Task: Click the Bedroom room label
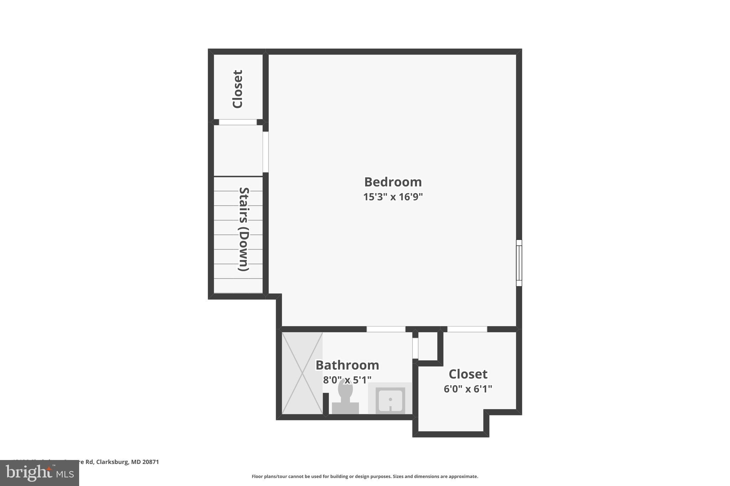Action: point(393,182)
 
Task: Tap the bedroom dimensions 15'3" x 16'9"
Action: point(393,197)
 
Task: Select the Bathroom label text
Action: point(347,365)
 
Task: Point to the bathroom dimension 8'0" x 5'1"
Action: point(347,380)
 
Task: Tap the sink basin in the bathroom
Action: point(390,400)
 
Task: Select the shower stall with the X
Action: point(302,373)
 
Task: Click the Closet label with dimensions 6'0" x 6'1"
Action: point(468,374)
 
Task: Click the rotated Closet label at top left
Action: point(237,89)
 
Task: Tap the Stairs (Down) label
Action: point(243,229)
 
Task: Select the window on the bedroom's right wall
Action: point(519,263)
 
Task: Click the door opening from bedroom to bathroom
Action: point(386,329)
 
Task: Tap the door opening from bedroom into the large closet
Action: point(467,329)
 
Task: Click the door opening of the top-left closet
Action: point(237,122)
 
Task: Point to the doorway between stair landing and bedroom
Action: point(266,152)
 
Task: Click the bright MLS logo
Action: point(40,473)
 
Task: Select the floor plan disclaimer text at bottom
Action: point(365,476)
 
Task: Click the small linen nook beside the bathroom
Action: point(427,346)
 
